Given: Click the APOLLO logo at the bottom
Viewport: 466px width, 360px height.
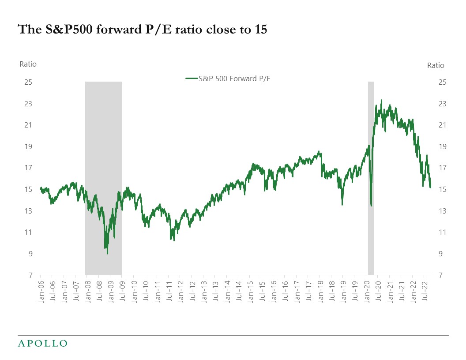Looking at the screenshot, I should click(x=42, y=343).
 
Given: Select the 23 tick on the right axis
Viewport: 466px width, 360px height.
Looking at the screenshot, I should click(x=442, y=104).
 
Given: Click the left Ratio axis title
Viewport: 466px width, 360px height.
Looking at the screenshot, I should click(x=28, y=64).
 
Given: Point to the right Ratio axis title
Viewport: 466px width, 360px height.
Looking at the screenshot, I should click(x=436, y=65).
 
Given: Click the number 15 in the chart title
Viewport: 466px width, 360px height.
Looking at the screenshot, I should click(x=260, y=30).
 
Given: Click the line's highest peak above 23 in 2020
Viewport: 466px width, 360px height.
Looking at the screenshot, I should click(x=381, y=100).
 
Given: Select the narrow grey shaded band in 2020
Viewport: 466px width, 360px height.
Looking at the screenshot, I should click(x=371, y=176).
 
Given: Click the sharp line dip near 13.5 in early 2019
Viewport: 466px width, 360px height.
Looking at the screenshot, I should click(x=342, y=204).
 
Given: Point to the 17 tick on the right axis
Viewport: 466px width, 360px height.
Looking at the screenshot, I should click(x=442, y=168).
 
